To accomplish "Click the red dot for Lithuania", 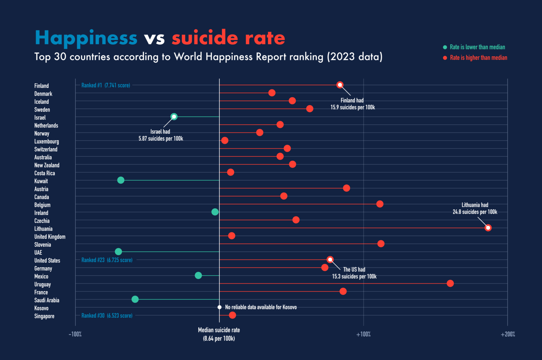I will tap(488, 228).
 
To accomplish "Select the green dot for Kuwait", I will tap(121, 180).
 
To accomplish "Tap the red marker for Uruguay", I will tap(450, 283).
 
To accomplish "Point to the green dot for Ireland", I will tap(215, 212).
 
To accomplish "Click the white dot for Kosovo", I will tap(219, 307).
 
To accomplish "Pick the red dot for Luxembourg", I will tap(225, 140).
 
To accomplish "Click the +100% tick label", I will tap(363, 334).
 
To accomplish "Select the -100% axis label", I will tap(75, 334).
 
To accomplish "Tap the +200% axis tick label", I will tap(508, 334).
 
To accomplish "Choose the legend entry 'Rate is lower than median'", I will tap(477, 47).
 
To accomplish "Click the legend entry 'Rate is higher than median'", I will tap(478, 58).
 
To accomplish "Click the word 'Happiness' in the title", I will tap(86, 38).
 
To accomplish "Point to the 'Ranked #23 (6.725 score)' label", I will tap(107, 260).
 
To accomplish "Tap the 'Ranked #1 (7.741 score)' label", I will tap(106, 85).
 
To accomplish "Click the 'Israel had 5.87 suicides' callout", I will tap(161, 135).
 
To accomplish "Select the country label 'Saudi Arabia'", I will tap(47, 300).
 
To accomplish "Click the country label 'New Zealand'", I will tap(47, 165).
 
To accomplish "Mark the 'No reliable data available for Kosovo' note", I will tap(261, 307).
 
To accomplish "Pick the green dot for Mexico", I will tap(198, 275).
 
